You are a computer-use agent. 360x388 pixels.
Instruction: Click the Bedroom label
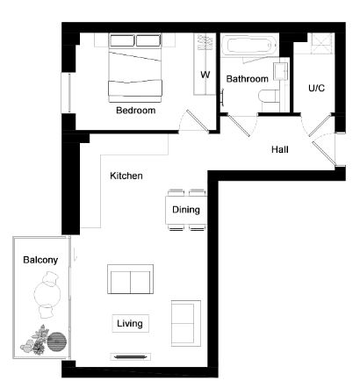(135, 111)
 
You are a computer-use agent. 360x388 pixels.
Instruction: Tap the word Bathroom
(247, 79)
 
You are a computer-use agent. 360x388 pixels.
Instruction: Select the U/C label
(316, 88)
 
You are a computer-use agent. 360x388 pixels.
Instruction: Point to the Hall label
(280, 149)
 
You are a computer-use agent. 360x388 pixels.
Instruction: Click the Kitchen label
(126, 176)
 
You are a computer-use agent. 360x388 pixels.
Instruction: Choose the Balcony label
(40, 260)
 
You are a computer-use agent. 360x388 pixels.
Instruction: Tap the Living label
(130, 323)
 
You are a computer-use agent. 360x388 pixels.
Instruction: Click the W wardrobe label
(205, 75)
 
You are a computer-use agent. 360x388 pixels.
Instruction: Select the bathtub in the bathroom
(249, 46)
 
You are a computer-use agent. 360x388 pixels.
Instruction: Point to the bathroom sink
(280, 71)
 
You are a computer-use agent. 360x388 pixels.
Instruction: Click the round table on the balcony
(47, 293)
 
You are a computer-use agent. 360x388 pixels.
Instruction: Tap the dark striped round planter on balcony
(57, 341)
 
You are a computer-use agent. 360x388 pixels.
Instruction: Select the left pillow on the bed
(122, 40)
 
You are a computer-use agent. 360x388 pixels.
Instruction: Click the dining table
(186, 210)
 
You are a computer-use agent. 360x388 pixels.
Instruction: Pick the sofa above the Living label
(130, 279)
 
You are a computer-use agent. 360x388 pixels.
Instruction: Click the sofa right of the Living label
(186, 323)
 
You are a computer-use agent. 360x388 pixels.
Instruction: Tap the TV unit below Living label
(130, 356)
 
